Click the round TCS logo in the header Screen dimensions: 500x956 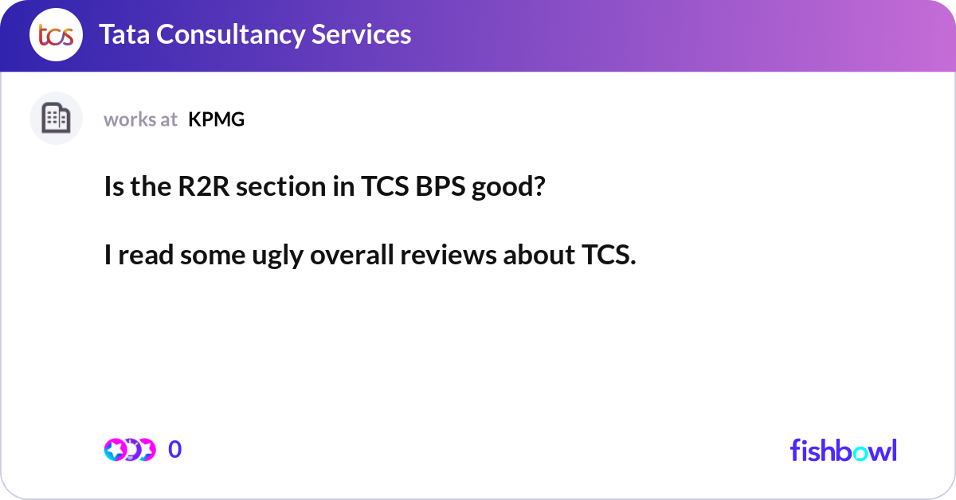[x=56, y=35]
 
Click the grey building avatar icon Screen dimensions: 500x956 [x=56, y=119]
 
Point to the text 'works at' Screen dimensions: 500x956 [x=140, y=119]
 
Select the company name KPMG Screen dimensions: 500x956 [x=216, y=119]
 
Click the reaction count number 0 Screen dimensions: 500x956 [x=175, y=450]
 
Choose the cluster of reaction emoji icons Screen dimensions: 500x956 [x=129, y=450]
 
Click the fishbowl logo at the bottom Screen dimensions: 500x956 [x=843, y=450]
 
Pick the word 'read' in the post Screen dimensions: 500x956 [x=147, y=256]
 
